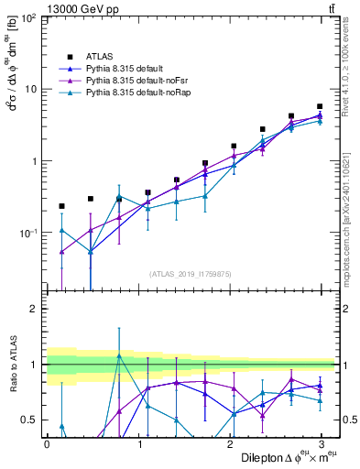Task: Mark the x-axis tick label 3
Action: pyautogui.click(x=322, y=444)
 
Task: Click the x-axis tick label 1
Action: pyautogui.click(x=138, y=444)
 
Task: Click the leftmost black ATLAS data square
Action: pyautogui.click(x=61, y=206)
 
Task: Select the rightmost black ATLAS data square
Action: pyautogui.click(x=320, y=106)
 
